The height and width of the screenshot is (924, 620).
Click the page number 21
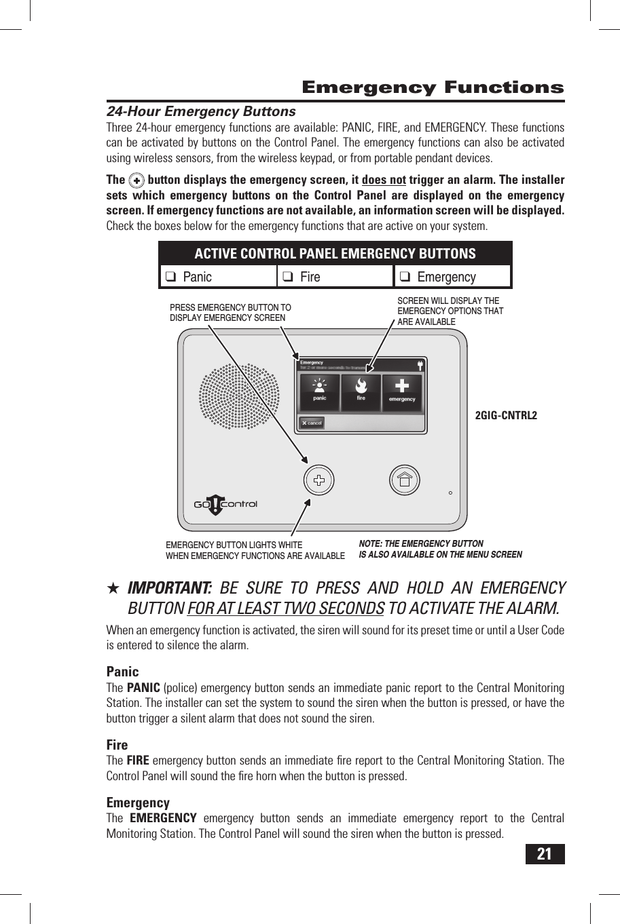(545, 853)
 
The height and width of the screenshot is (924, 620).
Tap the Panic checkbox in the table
(171, 277)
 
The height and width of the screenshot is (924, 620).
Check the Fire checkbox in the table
(288, 277)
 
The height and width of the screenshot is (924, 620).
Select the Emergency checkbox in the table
(405, 277)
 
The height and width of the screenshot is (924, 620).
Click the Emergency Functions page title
(433, 88)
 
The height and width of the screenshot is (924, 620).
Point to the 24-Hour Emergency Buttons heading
(201, 111)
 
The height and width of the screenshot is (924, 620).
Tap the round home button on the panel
(405, 481)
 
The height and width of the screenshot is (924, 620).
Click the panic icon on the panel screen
(319, 389)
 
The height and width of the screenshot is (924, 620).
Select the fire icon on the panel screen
(361, 389)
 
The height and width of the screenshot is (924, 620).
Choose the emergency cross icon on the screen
(402, 389)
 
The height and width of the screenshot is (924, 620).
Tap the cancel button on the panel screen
(312, 423)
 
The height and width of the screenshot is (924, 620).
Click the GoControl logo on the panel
(225, 504)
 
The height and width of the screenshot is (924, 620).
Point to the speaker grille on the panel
(238, 397)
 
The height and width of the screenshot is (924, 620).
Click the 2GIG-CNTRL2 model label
(506, 415)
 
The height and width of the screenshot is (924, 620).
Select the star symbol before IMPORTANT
(114, 588)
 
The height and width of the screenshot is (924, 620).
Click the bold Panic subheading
(122, 672)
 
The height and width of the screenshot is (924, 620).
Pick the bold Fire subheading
(117, 745)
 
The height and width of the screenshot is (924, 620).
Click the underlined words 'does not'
(384, 180)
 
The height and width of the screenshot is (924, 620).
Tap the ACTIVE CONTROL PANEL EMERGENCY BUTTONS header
(335, 254)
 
